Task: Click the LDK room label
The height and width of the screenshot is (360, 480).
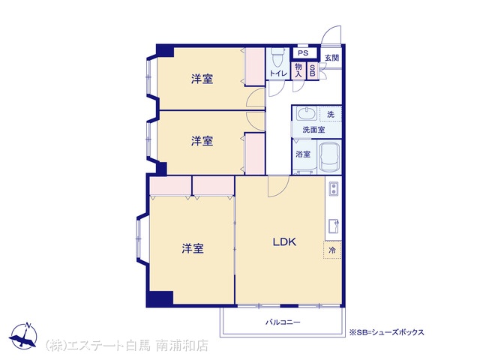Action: (284, 242)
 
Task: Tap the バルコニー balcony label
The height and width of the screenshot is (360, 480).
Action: (283, 322)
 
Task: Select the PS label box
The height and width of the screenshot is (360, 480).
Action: (303, 53)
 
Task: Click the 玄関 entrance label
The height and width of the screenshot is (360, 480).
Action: (331, 58)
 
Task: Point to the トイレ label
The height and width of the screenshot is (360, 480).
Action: (278, 73)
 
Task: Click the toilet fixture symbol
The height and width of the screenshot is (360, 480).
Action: (278, 58)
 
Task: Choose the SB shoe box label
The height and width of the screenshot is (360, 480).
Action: (313, 70)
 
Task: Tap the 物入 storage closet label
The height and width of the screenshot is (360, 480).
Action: (298, 70)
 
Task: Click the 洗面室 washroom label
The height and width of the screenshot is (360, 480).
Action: (313, 130)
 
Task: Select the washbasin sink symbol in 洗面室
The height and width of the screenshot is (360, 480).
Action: (306, 113)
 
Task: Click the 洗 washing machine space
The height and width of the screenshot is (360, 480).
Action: (331, 114)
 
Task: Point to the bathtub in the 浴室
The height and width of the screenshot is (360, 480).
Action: (329, 157)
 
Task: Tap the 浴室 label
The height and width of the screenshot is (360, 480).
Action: (303, 154)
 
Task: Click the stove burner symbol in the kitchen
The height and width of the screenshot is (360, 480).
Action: (333, 188)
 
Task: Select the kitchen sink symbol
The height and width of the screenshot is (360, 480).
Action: (334, 226)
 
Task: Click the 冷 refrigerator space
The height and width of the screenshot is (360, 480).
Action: (332, 250)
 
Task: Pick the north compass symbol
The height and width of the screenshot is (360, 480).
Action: (23, 336)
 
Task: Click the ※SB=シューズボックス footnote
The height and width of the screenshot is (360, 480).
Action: (387, 332)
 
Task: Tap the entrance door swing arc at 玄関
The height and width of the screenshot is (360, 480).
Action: (330, 33)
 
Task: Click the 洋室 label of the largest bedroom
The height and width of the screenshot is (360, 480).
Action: (193, 248)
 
